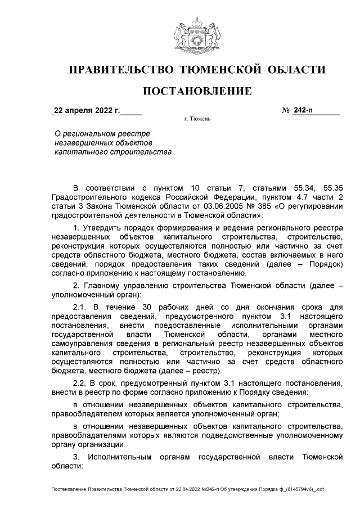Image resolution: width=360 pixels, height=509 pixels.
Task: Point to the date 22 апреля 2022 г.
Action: point(87,111)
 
